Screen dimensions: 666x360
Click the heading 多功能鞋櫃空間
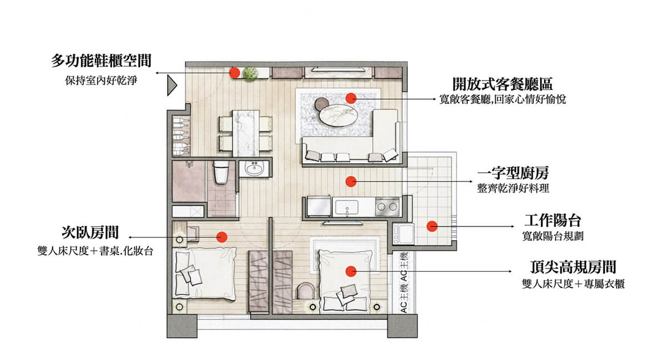click(102, 60)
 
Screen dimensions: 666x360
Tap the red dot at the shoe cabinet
click(234, 73)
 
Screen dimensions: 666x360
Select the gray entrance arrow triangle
click(172, 85)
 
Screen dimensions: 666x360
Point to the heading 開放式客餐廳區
click(502, 84)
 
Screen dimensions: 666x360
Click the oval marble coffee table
click(338, 115)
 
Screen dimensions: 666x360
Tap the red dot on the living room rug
click(351, 98)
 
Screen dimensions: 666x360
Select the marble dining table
click(245, 133)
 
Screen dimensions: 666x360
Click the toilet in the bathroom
click(221, 173)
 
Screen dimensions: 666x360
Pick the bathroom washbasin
click(254, 169)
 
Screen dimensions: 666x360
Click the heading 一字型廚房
click(513, 173)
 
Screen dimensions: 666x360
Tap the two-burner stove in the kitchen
click(387, 206)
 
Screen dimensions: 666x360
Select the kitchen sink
click(347, 207)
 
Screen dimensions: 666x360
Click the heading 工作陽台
click(552, 220)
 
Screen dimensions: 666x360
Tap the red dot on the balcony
click(432, 226)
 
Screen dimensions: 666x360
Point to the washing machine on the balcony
click(402, 234)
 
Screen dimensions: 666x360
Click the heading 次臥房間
click(90, 232)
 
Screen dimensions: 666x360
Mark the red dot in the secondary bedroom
click(222, 237)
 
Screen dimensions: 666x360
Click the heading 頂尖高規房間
click(573, 267)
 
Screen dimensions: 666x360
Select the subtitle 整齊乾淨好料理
click(513, 189)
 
